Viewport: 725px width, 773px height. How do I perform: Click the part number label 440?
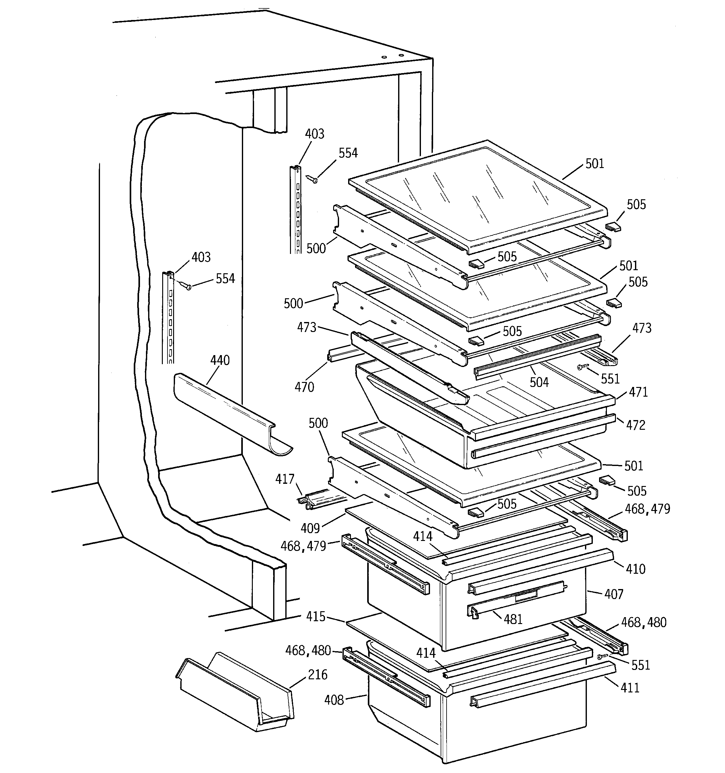[220, 360]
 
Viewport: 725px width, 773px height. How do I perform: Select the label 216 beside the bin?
[317, 674]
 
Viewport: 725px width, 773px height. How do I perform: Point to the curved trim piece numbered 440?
[230, 412]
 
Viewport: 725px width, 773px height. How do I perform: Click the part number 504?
[539, 382]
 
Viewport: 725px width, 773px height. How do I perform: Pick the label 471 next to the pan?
[638, 392]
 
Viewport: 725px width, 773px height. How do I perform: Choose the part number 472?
[636, 425]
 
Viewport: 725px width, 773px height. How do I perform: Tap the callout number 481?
[513, 619]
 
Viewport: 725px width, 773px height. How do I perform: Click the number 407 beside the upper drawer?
[614, 594]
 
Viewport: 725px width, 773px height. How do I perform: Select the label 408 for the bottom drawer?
[334, 700]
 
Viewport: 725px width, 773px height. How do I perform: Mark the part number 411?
[630, 688]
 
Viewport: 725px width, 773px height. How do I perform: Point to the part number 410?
[636, 569]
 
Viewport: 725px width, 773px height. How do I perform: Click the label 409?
[310, 528]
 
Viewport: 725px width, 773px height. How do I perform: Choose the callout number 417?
[285, 479]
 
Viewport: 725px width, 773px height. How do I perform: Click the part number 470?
[304, 387]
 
